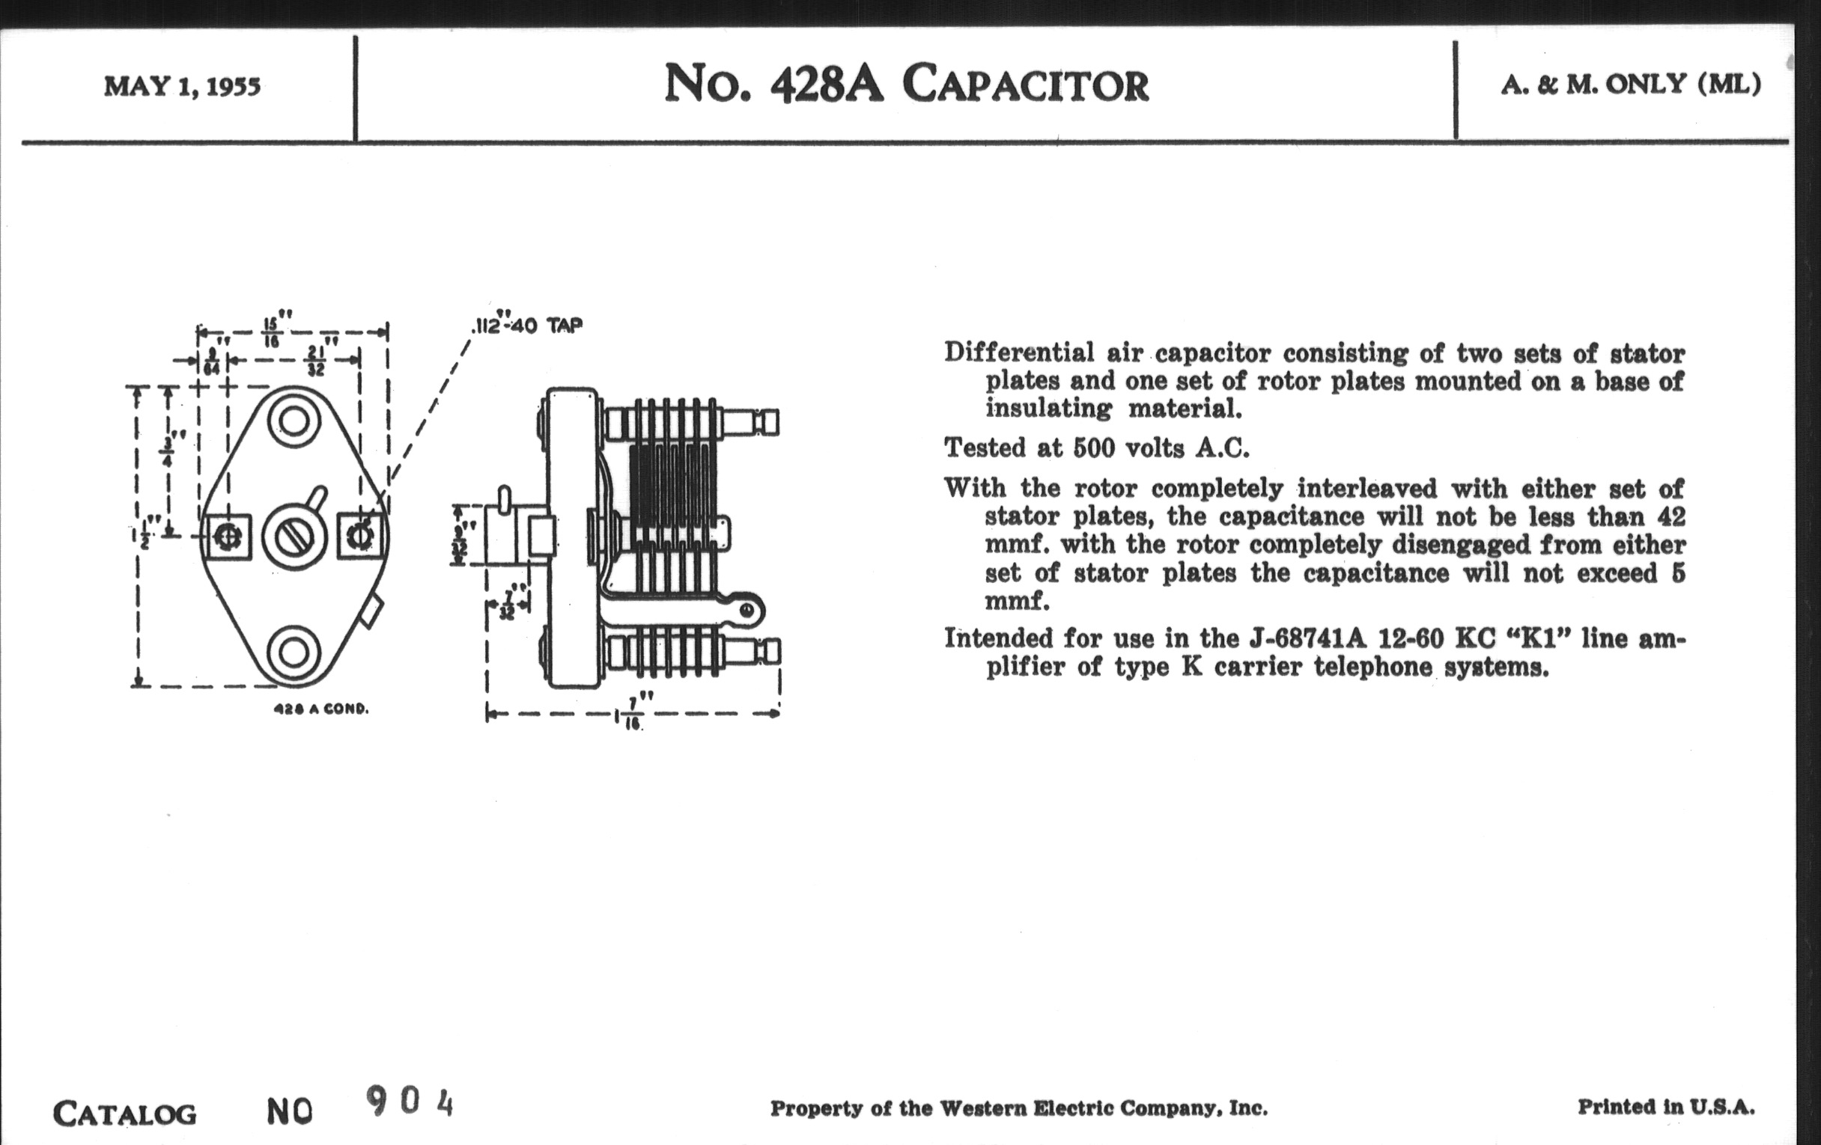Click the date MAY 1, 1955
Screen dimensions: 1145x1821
pos(182,86)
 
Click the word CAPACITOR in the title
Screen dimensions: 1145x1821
pos(1026,84)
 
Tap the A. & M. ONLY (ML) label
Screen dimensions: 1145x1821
pos(1630,84)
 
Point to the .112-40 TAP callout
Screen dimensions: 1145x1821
pos(527,325)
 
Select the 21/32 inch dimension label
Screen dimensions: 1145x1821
pos(316,361)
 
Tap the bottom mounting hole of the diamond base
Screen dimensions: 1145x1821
pos(294,653)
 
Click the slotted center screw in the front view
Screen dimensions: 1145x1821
pos(294,537)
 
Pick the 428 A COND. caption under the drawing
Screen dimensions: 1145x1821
pos(321,709)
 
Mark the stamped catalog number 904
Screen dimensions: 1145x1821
pos(410,1102)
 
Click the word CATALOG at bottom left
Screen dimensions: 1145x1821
pos(125,1114)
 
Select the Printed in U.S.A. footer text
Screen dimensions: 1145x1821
pos(1665,1108)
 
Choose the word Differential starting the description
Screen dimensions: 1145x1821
pos(1018,353)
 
